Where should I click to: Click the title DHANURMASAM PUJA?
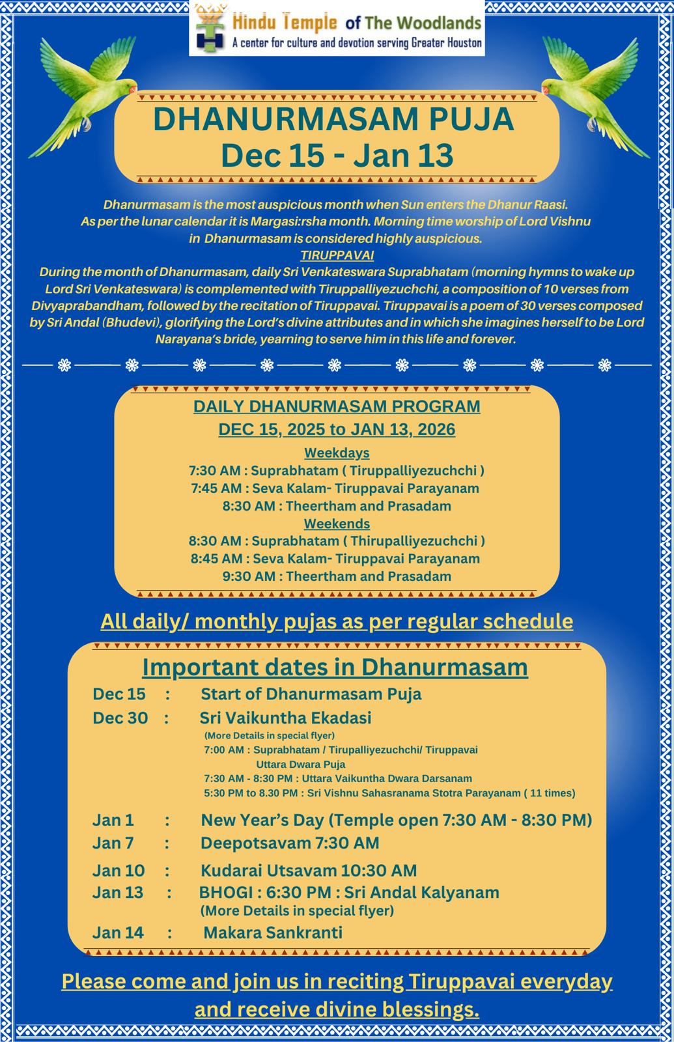(333, 119)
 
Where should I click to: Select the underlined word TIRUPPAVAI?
(337, 255)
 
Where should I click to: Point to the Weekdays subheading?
(337, 453)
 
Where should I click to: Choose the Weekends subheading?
(337, 524)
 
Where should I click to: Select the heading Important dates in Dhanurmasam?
(335, 668)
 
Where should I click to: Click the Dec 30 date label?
(120, 718)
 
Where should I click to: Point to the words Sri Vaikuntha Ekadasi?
(285, 718)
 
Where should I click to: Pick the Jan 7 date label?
(113, 843)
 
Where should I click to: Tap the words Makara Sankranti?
(273, 933)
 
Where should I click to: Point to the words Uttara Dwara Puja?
(300, 764)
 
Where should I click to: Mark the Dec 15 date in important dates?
(119, 694)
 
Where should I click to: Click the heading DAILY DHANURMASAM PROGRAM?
(337, 406)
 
